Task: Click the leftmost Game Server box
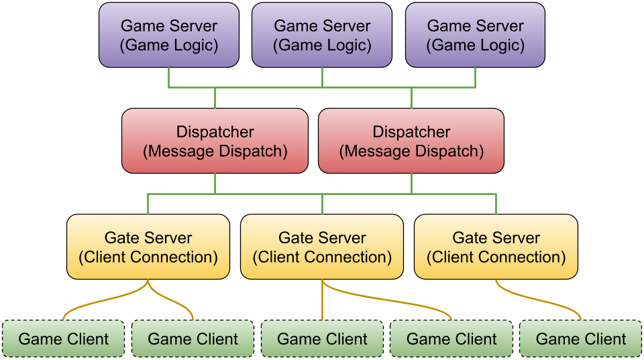tap(168, 35)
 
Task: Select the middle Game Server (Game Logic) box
tap(322, 35)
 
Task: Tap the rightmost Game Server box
tap(475, 35)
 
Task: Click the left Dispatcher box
tap(215, 141)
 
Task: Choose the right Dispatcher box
tap(411, 141)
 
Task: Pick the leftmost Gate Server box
tap(148, 247)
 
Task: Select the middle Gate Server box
tap(322, 247)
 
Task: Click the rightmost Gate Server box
tap(496, 247)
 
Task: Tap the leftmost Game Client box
tap(64, 339)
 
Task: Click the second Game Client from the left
tap(193, 339)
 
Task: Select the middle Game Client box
tap(322, 339)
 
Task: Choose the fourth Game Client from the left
tap(451, 339)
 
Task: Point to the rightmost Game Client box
tap(581, 339)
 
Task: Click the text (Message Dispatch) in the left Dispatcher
tap(215, 151)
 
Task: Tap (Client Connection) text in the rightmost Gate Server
tap(496, 257)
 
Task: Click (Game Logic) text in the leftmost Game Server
tap(168, 46)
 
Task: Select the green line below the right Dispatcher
tap(411, 184)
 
